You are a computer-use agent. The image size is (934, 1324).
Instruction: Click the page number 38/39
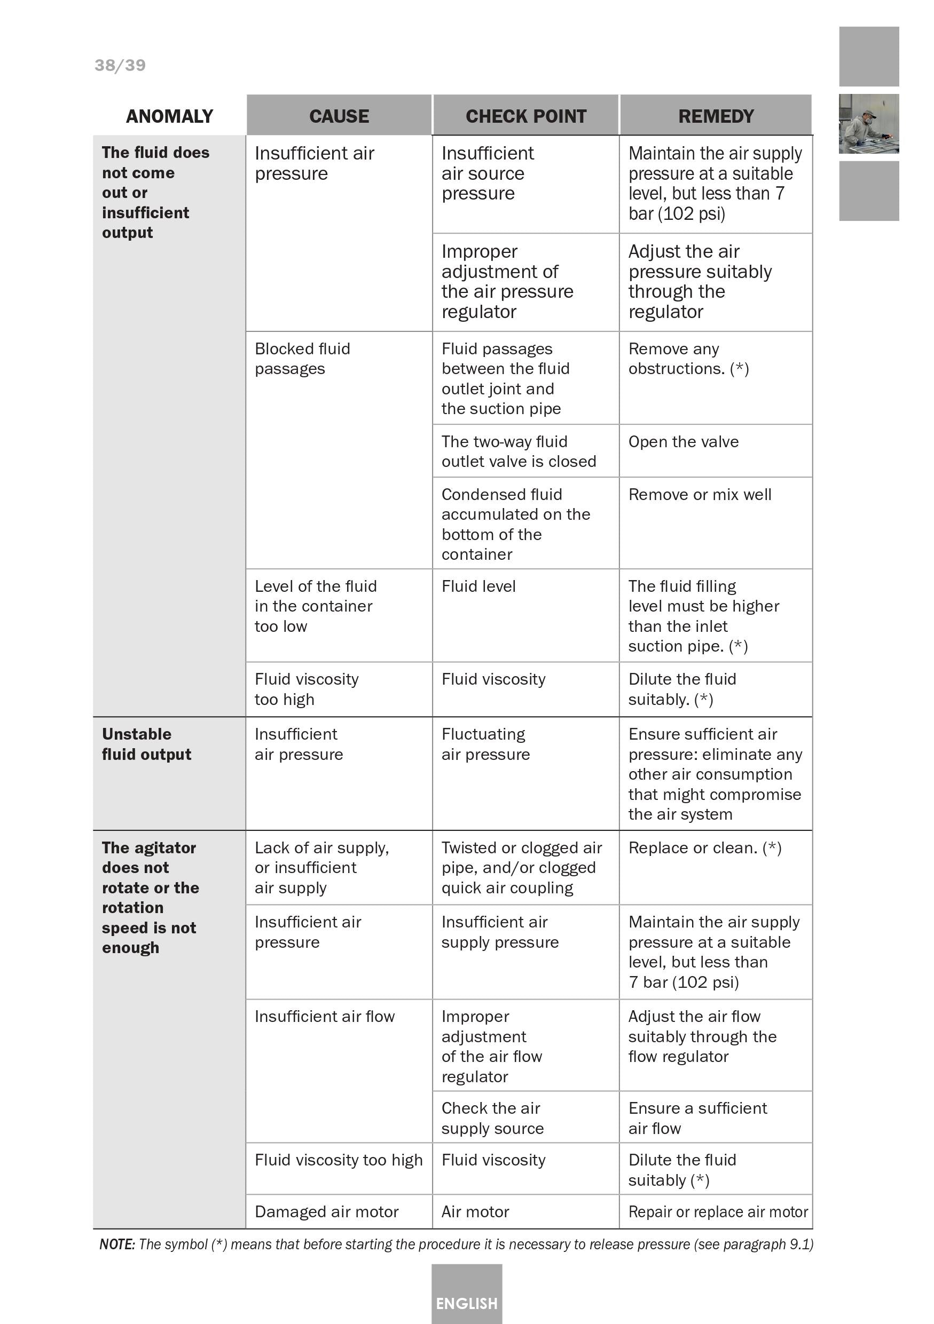pyautogui.click(x=120, y=65)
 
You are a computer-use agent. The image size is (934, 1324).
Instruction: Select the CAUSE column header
pyautogui.click(x=339, y=116)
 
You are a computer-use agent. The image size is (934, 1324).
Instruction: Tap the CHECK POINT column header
pyautogui.click(x=525, y=116)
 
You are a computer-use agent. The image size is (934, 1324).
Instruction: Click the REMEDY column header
pyautogui.click(x=716, y=116)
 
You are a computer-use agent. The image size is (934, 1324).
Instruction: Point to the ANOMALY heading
pyautogui.click(x=169, y=116)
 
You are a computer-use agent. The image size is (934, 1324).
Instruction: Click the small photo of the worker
pyautogui.click(x=868, y=124)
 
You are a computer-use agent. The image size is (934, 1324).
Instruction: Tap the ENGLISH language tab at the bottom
pyautogui.click(x=466, y=1303)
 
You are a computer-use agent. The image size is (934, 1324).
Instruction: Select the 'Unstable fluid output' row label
pyautogui.click(x=146, y=744)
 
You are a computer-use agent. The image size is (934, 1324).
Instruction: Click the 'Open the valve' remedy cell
pyautogui.click(x=683, y=442)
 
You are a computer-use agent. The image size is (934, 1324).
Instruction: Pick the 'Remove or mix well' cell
pyautogui.click(x=699, y=495)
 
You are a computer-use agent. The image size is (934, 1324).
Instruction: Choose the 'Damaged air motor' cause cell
pyautogui.click(x=326, y=1211)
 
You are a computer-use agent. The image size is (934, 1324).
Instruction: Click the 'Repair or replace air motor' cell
pyautogui.click(x=718, y=1211)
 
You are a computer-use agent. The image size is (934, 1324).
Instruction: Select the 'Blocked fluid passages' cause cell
pyautogui.click(x=302, y=359)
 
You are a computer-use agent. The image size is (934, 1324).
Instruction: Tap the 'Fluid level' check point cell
pyautogui.click(x=478, y=586)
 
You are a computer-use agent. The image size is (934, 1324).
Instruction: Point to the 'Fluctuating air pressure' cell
pyautogui.click(x=485, y=744)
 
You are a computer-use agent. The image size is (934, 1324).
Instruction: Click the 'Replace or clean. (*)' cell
pyautogui.click(x=704, y=847)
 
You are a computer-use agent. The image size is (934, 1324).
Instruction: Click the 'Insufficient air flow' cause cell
pyautogui.click(x=324, y=1016)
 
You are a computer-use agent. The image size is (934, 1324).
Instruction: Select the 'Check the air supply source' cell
pyautogui.click(x=492, y=1117)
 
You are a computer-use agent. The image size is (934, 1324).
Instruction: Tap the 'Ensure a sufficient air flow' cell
pyautogui.click(x=697, y=1117)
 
